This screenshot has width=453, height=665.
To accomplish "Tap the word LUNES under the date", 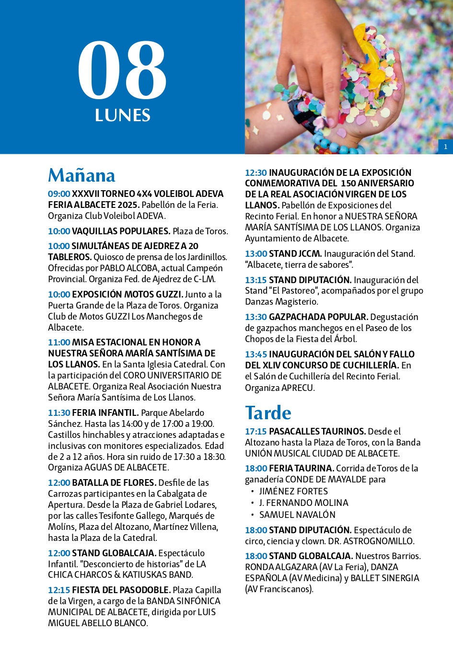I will [123, 115].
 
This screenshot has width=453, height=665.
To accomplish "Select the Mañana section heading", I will [81, 175].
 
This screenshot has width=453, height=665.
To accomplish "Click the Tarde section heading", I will [268, 413].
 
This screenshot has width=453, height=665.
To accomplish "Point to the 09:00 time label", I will [59, 194].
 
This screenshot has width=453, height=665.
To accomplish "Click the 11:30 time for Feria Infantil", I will [59, 413].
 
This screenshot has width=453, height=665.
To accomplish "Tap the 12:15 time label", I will [59, 590].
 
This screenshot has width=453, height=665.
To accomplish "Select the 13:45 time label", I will [256, 355].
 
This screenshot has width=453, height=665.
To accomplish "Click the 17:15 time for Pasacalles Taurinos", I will [256, 432].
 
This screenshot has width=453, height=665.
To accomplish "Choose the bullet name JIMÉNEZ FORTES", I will [293, 492].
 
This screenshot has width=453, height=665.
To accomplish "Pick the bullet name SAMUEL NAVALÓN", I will [297, 515].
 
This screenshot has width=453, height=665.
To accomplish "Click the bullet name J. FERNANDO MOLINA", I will [303, 503].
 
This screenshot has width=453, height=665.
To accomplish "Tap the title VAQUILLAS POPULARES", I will [121, 231].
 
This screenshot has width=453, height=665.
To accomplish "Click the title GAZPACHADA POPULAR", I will [318, 317].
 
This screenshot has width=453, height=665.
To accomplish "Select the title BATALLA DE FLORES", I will [114, 483].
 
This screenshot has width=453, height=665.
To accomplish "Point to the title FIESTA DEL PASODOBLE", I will [121, 590].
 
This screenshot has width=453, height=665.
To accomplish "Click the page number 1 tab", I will [445, 147].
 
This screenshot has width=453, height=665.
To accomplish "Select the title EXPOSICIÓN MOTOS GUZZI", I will [127, 295].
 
